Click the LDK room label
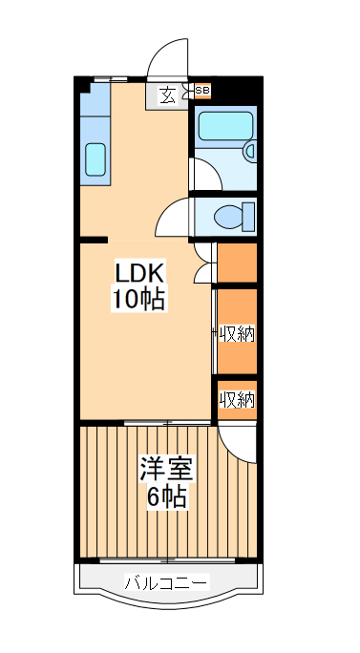(x=140, y=273)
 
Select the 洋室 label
(x=166, y=470)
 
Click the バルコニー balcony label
(x=166, y=582)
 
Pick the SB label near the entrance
(x=202, y=92)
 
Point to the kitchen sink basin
(x=95, y=159)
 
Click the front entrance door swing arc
(x=167, y=60)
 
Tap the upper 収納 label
(x=237, y=333)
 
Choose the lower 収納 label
(x=237, y=400)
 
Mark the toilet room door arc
(x=172, y=219)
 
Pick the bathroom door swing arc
(x=203, y=174)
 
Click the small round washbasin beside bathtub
(x=250, y=150)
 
